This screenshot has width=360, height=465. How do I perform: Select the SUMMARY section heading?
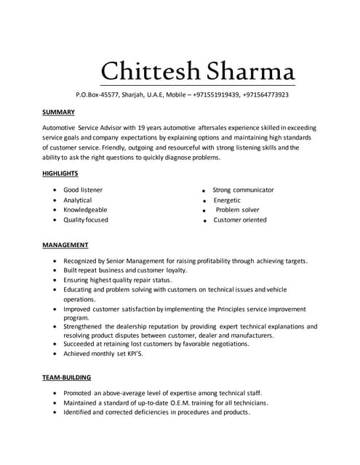(x=59, y=112)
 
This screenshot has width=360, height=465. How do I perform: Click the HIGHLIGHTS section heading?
(x=60, y=173)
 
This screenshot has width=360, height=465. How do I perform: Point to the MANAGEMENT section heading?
(x=65, y=245)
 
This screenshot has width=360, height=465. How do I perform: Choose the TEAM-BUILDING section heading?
(x=67, y=377)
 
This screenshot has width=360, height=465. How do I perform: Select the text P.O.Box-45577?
(x=97, y=94)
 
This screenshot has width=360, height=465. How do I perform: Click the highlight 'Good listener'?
(x=83, y=190)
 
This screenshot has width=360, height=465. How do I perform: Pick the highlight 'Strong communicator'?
(x=243, y=190)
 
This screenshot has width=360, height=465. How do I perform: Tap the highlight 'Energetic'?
(x=227, y=200)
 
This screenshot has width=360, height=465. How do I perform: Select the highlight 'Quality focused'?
(x=86, y=219)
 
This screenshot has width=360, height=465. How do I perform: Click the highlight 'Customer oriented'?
(x=240, y=219)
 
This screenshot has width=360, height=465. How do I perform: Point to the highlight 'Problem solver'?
(x=238, y=210)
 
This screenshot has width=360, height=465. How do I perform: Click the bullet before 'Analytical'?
(x=55, y=200)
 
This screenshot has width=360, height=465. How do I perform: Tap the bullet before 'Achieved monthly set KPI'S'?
(x=55, y=354)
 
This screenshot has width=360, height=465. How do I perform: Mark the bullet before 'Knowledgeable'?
(x=55, y=210)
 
